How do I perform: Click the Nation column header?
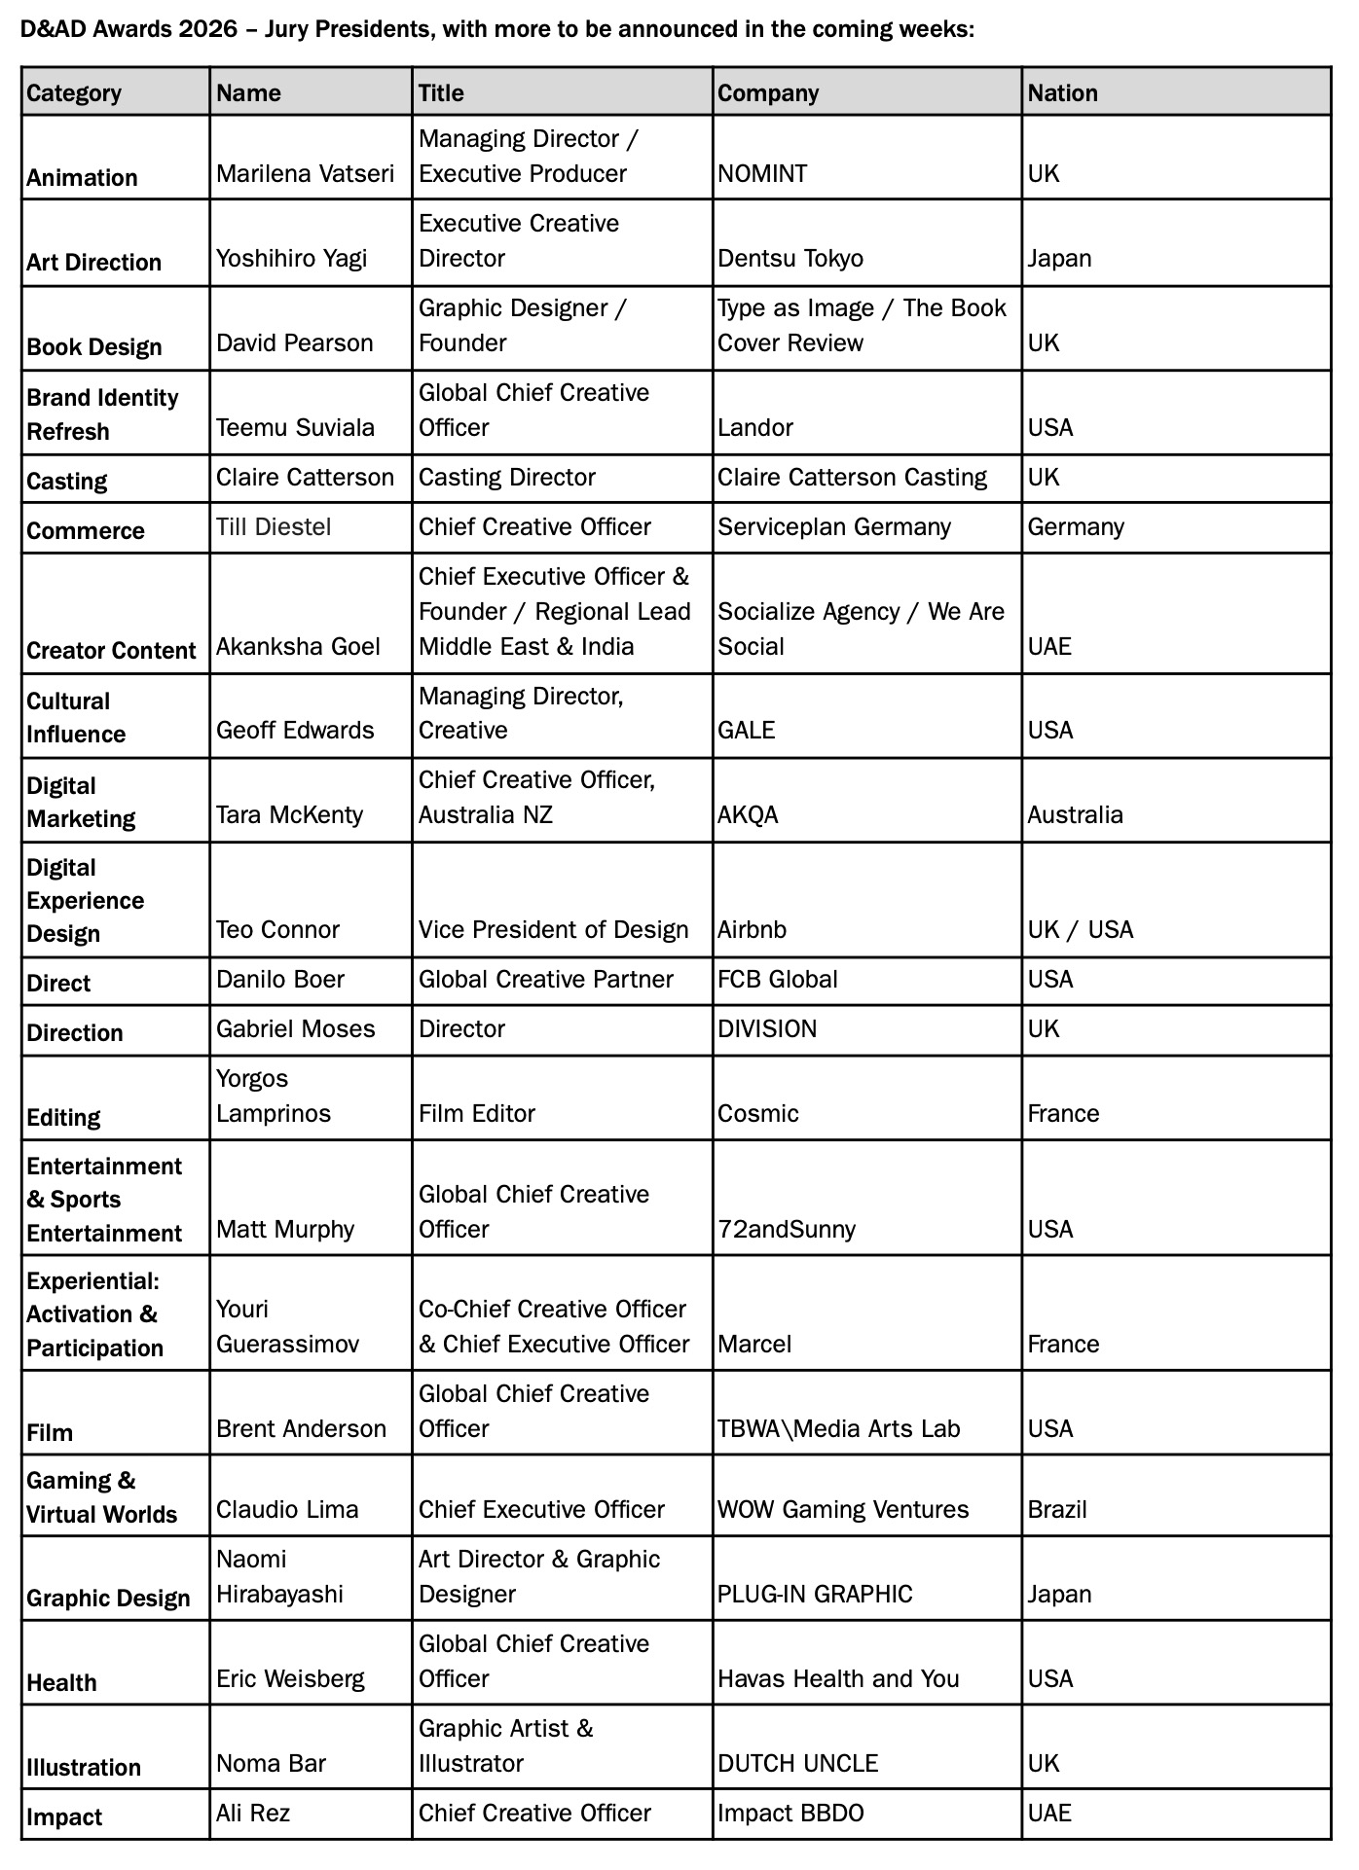pos(1062,93)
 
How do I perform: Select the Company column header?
pos(768,93)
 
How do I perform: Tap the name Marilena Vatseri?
pos(305,174)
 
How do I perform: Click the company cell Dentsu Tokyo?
pos(790,259)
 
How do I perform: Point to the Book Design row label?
pos(94,347)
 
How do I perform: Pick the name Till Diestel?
pos(274,527)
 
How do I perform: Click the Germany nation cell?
pos(1076,527)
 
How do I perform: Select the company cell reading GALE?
pos(746,731)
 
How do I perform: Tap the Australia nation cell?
pos(1075,815)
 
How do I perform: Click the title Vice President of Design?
pos(553,930)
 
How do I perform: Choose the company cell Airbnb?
pos(752,930)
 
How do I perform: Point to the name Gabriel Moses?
pos(295,1029)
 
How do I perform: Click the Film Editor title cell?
pos(476,1114)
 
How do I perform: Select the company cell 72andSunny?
pos(786,1230)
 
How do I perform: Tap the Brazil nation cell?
pos(1057,1510)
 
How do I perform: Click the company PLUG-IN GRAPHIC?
pos(815,1595)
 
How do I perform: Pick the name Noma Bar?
pos(271,1764)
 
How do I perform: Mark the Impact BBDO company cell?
pos(790,1814)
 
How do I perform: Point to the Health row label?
pos(61,1683)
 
